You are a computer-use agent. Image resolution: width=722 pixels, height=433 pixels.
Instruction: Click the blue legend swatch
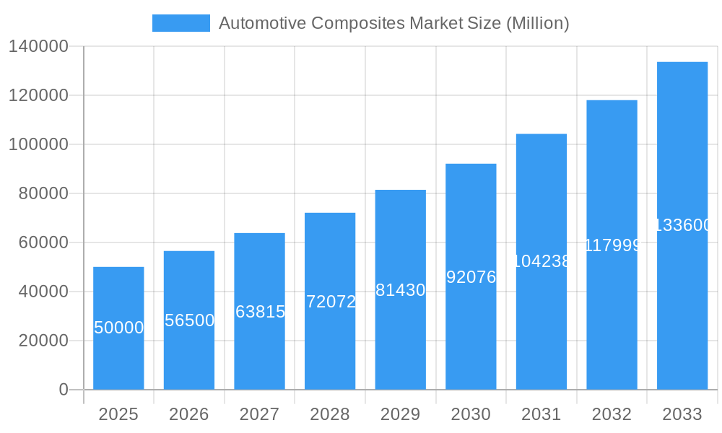[x=180, y=23]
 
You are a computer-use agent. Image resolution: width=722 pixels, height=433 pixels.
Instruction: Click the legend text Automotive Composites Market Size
[x=393, y=23]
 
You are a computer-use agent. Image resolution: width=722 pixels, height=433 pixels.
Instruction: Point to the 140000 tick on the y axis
[x=38, y=47]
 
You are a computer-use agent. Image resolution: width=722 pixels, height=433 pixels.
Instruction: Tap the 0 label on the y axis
[x=64, y=390]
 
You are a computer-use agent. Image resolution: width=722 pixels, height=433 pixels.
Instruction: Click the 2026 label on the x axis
[x=189, y=414]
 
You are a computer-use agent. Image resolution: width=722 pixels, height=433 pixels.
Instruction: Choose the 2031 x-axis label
[x=541, y=414]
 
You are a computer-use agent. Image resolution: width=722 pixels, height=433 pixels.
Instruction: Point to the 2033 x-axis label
[x=682, y=414]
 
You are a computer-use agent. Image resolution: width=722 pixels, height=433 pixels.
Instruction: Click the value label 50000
[x=119, y=328]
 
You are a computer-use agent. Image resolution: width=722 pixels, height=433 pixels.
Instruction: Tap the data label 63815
[x=260, y=312]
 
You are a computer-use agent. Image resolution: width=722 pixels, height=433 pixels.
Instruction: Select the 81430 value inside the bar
[x=401, y=290]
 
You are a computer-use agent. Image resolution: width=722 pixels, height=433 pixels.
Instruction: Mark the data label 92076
[x=471, y=276]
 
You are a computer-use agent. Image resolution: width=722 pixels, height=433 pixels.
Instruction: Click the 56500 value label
[x=189, y=320]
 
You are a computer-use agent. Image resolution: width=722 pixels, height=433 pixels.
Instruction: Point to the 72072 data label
[x=331, y=302]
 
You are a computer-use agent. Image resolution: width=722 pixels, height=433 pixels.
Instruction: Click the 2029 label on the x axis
[x=401, y=414]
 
